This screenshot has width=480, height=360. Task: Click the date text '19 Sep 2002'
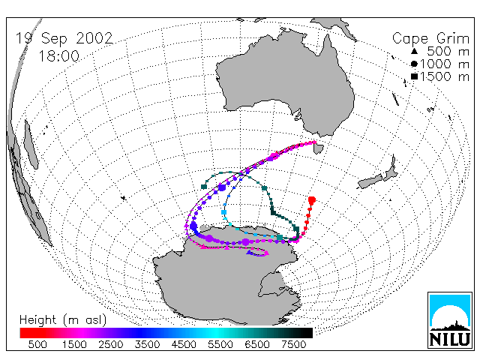pos(64,38)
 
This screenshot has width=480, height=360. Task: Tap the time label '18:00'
pos(59,56)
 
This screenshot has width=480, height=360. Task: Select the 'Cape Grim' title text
pos(430,39)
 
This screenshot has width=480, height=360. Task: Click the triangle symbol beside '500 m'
pos(414,51)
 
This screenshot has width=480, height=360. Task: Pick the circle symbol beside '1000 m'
pos(414,64)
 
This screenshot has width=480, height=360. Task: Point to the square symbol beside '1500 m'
pos(414,76)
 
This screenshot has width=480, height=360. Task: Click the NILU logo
pos(450,320)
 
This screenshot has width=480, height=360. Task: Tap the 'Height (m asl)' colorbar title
pos(63,320)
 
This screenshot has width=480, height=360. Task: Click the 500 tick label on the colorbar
pos(37,344)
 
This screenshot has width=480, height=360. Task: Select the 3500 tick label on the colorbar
pos(147,344)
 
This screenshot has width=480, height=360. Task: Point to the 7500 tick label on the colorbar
pos(293,344)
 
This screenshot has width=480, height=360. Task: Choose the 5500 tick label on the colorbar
pos(220,344)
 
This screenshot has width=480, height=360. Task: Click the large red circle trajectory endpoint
pos(312,200)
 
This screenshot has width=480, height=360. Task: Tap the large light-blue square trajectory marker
pos(223,212)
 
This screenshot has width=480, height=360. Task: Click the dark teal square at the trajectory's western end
pos(204,187)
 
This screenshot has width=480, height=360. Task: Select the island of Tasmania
pos(318,149)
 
